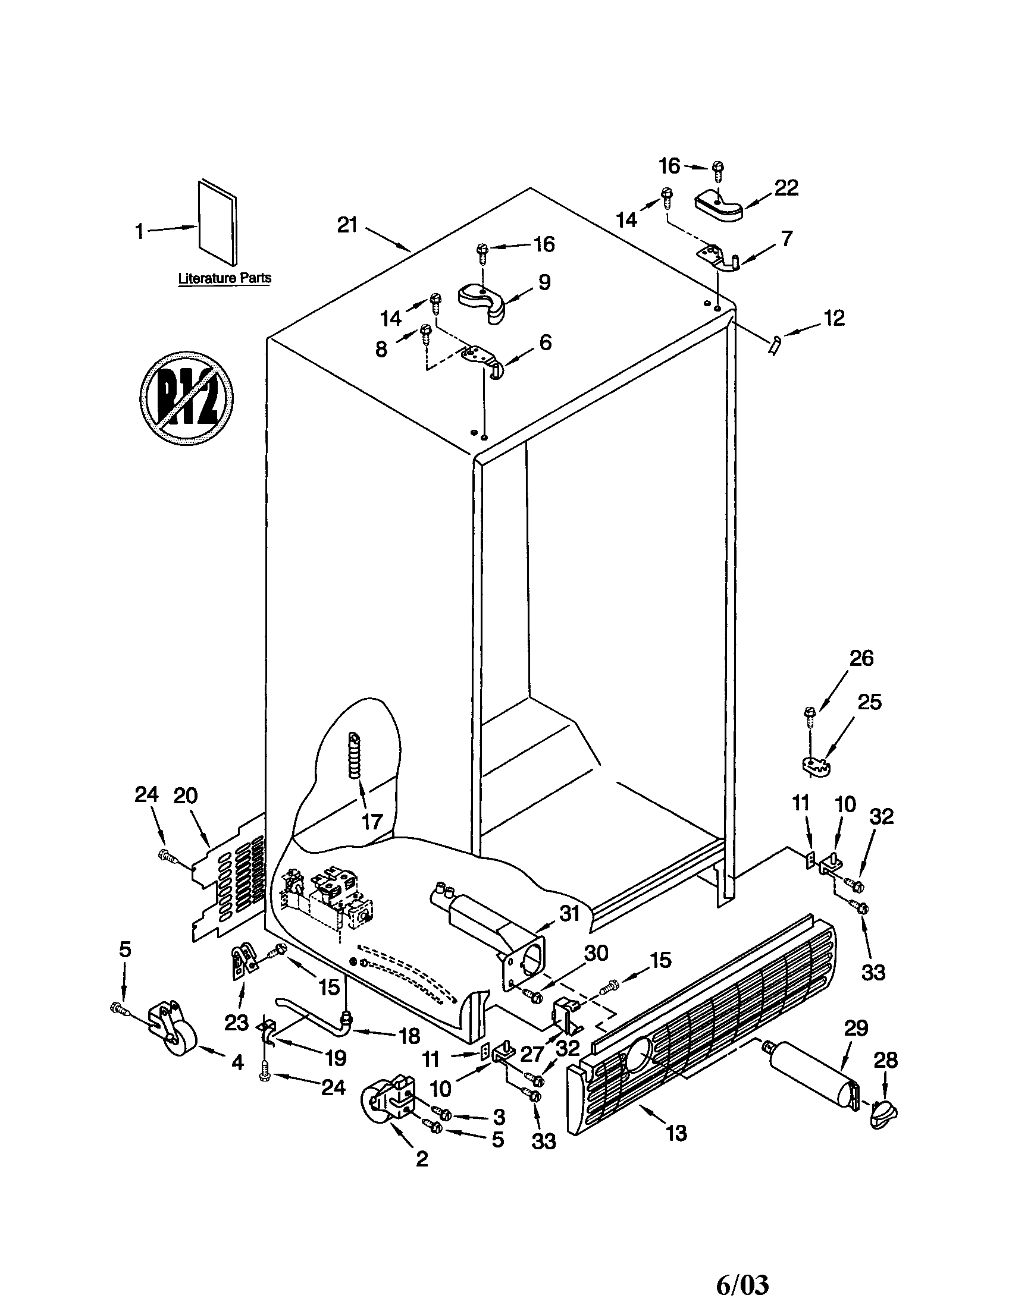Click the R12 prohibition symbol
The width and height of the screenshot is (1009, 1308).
click(x=186, y=398)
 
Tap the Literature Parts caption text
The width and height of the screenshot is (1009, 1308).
click(x=225, y=278)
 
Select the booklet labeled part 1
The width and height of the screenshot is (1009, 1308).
click(x=217, y=222)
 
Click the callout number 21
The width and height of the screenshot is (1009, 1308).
click(x=347, y=225)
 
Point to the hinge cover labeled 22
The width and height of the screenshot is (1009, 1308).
click(x=719, y=206)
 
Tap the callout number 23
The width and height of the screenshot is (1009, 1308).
click(x=236, y=1023)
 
